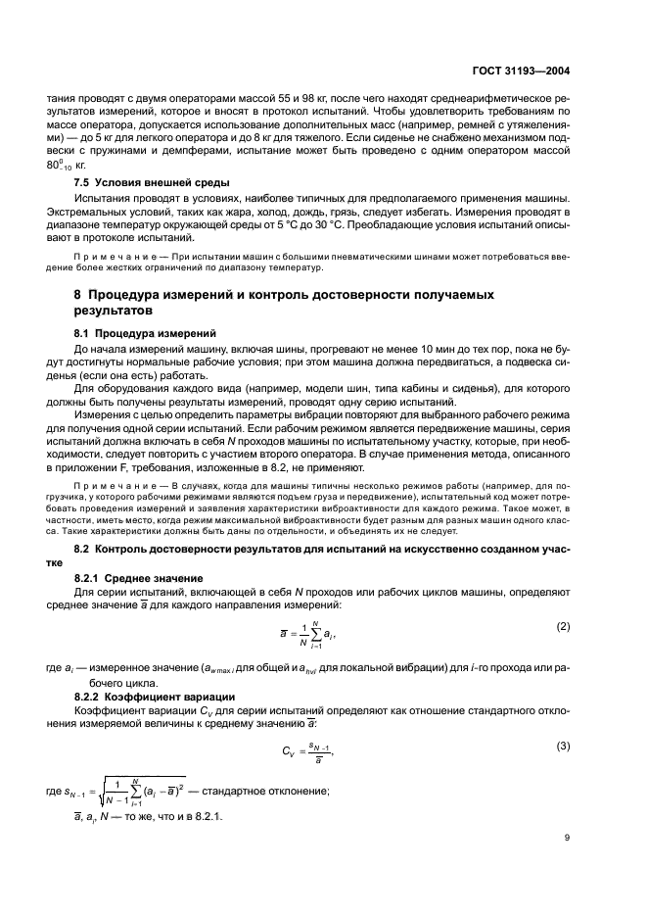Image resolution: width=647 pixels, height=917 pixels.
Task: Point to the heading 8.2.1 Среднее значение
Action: (140, 578)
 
